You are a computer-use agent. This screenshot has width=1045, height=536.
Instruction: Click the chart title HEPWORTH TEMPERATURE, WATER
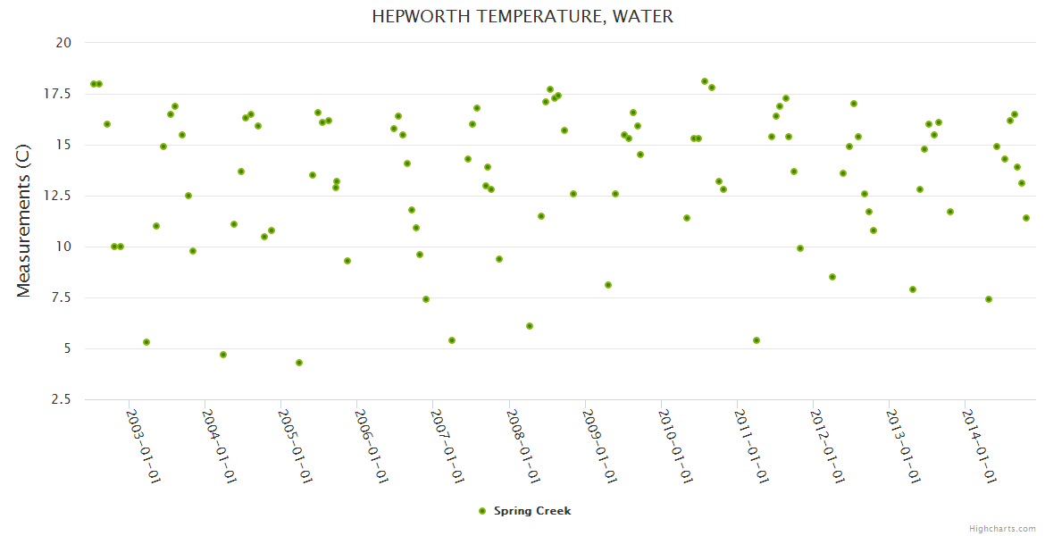(x=522, y=17)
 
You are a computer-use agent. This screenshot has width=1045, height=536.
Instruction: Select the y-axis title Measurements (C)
(x=24, y=221)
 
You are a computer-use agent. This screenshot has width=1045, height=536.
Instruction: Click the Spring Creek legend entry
(x=524, y=511)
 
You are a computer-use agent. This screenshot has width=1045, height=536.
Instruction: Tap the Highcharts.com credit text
(x=1002, y=528)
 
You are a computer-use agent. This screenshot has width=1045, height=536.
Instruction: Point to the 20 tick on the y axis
(x=63, y=43)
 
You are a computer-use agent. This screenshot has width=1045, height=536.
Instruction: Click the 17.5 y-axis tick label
(x=58, y=94)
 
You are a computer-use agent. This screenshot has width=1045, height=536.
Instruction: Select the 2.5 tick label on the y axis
(x=62, y=399)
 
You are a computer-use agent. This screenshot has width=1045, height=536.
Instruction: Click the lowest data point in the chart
(x=299, y=363)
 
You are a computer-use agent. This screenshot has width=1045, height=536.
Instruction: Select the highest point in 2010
(x=705, y=81)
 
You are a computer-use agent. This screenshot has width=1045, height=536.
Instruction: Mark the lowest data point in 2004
(x=223, y=355)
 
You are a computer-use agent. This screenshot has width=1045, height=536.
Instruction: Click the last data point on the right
(x=1026, y=218)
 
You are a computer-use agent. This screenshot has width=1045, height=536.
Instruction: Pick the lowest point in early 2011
(x=757, y=340)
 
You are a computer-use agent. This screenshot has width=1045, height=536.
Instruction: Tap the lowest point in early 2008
(x=530, y=326)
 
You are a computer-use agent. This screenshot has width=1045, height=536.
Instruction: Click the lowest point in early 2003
(x=146, y=342)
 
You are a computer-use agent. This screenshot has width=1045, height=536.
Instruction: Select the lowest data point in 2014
(x=989, y=299)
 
